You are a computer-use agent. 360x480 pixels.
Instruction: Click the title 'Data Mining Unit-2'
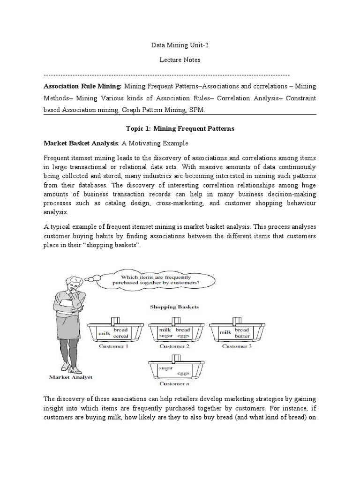(180, 46)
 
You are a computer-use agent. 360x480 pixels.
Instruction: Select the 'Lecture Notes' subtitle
(180, 60)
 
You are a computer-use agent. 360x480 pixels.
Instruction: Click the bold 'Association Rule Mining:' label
(82, 86)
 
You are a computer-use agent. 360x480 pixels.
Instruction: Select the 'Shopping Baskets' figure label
(174, 307)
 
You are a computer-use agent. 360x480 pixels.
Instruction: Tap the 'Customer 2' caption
(174, 346)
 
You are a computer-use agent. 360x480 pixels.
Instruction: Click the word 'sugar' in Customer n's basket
(166, 368)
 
